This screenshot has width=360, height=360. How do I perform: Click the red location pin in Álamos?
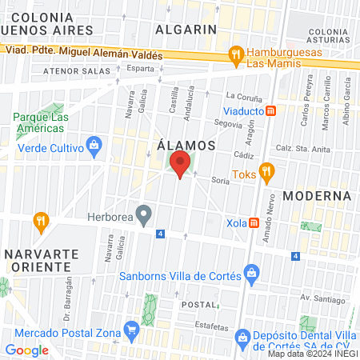[x=180, y=166]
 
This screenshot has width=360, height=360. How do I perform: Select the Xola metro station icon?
[x=254, y=222]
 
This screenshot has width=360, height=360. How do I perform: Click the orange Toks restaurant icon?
[x=268, y=170]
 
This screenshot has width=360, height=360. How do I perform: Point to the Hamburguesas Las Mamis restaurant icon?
[x=234, y=54]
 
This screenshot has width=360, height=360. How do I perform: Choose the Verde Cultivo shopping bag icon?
[x=95, y=144]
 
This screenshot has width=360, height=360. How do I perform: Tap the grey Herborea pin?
[x=144, y=214]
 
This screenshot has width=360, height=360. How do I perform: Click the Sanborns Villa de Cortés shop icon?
[x=251, y=273]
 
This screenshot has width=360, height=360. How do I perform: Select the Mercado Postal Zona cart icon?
[x=131, y=330]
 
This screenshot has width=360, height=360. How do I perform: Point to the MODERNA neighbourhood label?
[x=317, y=195]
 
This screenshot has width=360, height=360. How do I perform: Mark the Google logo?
[x=26, y=350]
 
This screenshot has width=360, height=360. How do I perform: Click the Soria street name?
[x=220, y=182]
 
